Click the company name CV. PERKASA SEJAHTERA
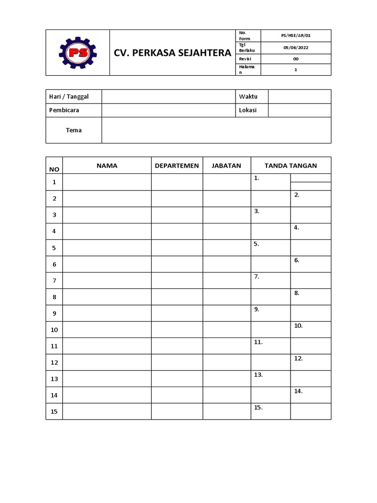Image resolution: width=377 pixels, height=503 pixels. tap(172, 53)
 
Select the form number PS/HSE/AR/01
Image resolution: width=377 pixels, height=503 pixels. tap(296, 35)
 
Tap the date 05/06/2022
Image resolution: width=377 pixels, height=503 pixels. tap(296, 48)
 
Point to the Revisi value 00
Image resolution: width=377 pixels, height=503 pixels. tap(296, 59)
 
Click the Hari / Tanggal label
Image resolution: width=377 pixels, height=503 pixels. tap(69, 96)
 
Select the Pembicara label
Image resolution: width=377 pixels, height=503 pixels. tap(64, 110)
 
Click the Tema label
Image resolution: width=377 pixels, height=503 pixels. tap(74, 130)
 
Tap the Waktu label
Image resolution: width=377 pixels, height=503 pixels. tap(248, 96)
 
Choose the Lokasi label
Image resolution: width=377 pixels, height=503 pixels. tap(247, 110)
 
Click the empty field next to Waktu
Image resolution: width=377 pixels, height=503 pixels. tap(299, 96)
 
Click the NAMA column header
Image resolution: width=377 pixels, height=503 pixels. tap(107, 166)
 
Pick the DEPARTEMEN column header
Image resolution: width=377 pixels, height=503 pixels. tap(177, 166)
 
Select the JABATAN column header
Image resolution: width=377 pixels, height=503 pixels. tap(226, 166)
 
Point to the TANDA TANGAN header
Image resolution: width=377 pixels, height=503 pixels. tap(291, 166)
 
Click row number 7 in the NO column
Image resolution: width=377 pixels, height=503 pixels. tap(54, 280)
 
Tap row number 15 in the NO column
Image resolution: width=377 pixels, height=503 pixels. tap(54, 412)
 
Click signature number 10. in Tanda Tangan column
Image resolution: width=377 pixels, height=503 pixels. tap(298, 326)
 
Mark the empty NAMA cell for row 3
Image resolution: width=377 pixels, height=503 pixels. tap(107, 215)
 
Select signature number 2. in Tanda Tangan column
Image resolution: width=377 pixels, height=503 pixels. tap(297, 195)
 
